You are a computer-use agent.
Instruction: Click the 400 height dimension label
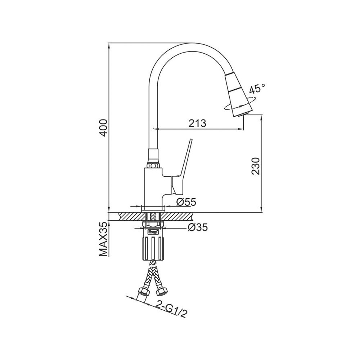tap(104, 128)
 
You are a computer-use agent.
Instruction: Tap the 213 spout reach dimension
tap(197, 123)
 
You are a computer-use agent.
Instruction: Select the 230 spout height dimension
tap(255, 166)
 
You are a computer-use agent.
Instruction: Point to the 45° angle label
tap(257, 89)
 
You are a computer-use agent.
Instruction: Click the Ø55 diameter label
tap(186, 202)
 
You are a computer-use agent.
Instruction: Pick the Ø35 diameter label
tap(198, 227)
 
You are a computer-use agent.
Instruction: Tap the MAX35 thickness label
tap(104, 239)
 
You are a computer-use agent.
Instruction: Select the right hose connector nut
tap(162, 291)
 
